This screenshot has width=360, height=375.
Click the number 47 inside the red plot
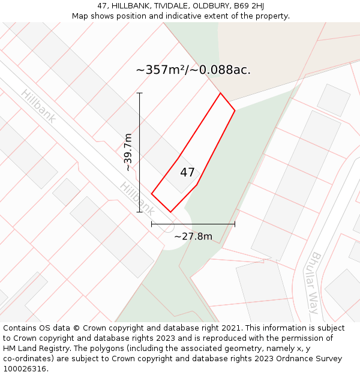(187, 173)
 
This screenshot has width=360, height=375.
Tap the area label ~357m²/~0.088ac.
(193, 70)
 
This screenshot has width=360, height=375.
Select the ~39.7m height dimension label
(128, 152)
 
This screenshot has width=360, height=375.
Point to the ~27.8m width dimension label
(193, 236)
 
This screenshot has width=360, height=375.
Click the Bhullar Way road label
(316, 283)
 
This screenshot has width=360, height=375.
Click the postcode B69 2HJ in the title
(249, 6)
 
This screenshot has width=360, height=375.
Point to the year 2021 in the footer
(230, 328)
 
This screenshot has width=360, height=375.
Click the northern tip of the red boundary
(220, 93)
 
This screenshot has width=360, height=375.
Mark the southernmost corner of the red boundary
(171, 212)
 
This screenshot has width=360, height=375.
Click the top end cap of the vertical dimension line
(140, 93)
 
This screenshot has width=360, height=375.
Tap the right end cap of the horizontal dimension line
(235, 224)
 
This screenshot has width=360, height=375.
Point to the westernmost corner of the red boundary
(152, 193)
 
